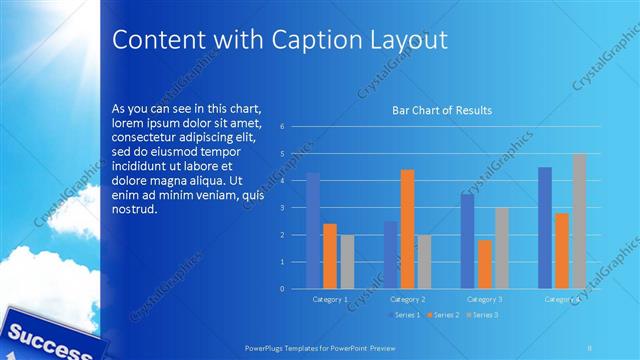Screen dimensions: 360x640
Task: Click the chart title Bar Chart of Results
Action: coord(441,110)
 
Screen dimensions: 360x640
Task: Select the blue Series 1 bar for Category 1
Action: coord(313,231)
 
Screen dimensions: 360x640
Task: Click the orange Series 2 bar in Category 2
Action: coord(407,229)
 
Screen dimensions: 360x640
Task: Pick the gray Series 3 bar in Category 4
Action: coord(579,221)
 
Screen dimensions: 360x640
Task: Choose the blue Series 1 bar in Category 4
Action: coord(545,228)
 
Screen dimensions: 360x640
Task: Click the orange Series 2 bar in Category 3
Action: coord(485,264)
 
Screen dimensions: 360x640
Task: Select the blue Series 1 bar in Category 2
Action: coord(390,255)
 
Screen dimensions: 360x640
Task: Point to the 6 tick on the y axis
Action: coord(283,127)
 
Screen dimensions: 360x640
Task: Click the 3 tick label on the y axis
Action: coord(283,208)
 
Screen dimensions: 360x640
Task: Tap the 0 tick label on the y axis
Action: coord(283,289)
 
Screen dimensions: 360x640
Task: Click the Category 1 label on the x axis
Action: coord(330,299)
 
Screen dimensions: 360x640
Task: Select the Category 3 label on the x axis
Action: coord(485,299)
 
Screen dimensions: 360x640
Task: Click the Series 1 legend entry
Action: coord(403,315)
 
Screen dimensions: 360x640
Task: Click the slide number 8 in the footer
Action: coord(591,345)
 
